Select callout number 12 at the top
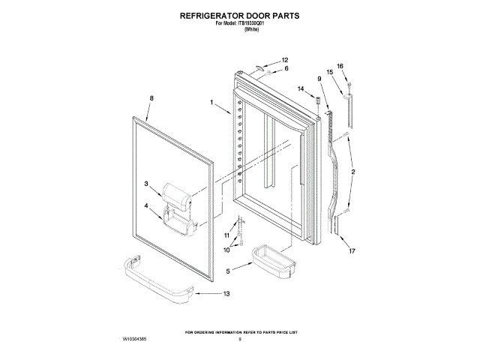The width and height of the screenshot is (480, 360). tap(285, 60)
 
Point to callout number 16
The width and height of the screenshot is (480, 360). tap(339, 66)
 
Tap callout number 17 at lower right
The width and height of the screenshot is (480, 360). tap(352, 251)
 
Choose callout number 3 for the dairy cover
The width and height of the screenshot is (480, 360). tap(147, 183)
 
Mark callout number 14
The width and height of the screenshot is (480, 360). tap(301, 89)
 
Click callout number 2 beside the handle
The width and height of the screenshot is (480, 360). tap(353, 172)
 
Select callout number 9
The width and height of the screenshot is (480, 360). tap(319, 79)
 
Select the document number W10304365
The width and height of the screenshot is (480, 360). tap(134, 340)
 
